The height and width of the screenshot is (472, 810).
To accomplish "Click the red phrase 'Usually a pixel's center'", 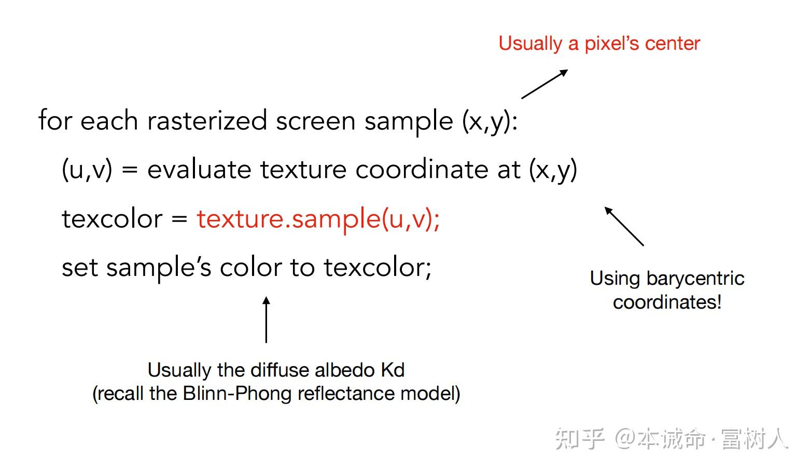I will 599,44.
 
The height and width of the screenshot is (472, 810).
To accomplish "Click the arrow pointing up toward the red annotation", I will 544,84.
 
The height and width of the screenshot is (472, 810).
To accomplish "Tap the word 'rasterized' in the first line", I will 207,121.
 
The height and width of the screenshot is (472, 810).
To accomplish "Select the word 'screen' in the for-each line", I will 316,121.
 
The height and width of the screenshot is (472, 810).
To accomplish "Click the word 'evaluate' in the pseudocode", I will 199,170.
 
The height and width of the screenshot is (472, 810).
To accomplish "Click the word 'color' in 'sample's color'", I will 250,268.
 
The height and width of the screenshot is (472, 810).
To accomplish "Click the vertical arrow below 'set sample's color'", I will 266,320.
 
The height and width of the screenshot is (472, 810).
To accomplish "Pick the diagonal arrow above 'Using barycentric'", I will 624,226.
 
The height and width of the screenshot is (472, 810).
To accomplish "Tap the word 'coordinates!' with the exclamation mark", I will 667,302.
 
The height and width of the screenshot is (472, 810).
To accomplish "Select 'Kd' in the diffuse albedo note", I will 393,370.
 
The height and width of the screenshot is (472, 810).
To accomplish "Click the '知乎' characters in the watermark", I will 579,439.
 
